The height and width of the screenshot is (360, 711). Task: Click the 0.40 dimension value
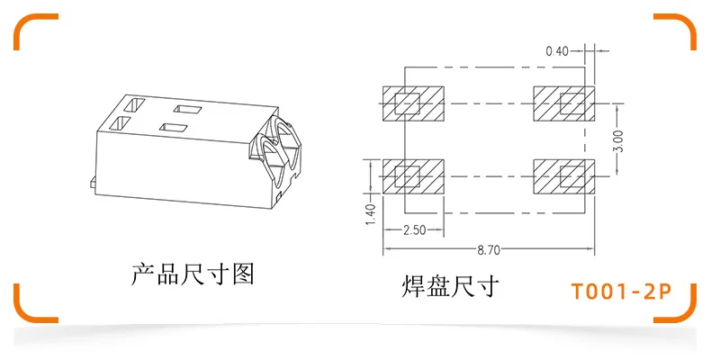tap(557, 50)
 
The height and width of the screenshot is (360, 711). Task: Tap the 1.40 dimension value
tap(369, 213)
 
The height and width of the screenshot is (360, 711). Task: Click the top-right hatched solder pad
tap(563, 103)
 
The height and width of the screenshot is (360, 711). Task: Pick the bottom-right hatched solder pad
tap(563, 175)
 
